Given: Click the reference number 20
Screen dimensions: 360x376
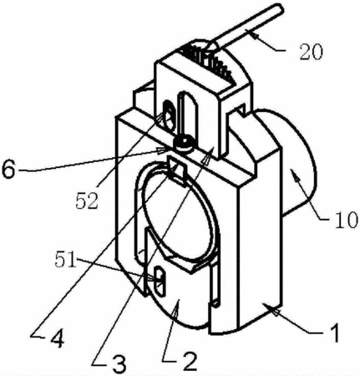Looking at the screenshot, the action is click(x=311, y=53).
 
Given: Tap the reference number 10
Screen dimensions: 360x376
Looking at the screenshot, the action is click(x=346, y=220).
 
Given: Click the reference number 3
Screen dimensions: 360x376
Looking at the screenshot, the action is click(x=119, y=363).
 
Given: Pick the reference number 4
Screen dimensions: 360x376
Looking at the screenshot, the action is click(x=57, y=337).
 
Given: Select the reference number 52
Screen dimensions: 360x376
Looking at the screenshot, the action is click(x=87, y=201).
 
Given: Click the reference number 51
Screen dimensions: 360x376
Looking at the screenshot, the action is click(x=65, y=260).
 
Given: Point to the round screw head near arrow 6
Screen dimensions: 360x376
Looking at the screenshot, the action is click(x=183, y=143).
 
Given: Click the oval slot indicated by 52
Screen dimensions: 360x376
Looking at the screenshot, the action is click(x=169, y=115).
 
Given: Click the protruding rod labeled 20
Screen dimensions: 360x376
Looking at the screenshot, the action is click(x=245, y=27).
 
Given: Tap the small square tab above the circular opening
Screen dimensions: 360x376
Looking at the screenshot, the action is click(x=176, y=169).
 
